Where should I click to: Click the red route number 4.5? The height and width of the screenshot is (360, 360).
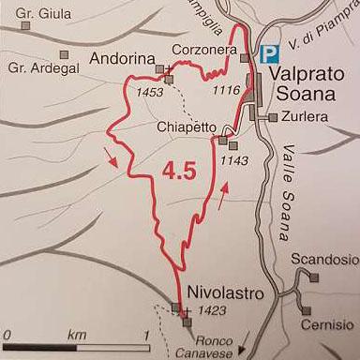coord(178,172)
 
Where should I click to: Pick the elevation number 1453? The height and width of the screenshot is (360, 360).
coord(149,93)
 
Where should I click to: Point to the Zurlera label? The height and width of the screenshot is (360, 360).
coord(302,119)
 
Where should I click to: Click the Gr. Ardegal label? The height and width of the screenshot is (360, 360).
coord(38,67)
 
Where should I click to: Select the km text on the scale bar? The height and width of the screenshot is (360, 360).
coord(77,335)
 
